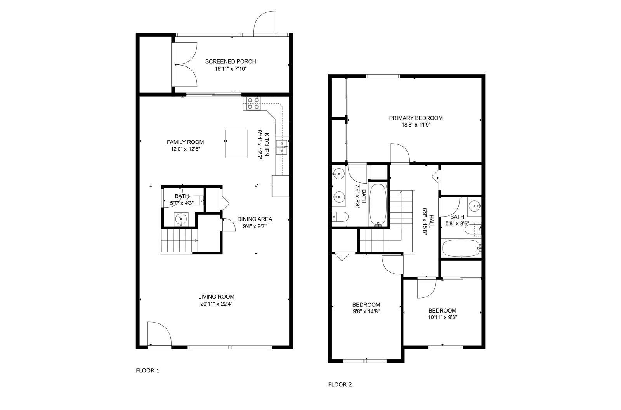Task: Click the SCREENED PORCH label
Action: click(x=231, y=61)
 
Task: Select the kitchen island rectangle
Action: click(x=236, y=144)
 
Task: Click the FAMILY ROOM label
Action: click(x=185, y=142)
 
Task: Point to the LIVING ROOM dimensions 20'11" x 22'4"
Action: click(x=216, y=304)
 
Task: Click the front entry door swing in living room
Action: click(x=159, y=334)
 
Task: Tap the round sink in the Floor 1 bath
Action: click(x=181, y=219)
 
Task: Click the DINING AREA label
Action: click(x=255, y=219)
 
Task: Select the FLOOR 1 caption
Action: click(x=147, y=371)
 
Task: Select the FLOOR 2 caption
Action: click(x=340, y=384)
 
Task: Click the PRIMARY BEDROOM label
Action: click(x=416, y=118)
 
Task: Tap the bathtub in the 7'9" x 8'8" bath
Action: click(x=377, y=205)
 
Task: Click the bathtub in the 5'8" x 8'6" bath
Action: click(x=461, y=248)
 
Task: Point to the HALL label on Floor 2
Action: click(x=431, y=221)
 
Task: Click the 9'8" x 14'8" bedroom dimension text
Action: click(x=366, y=311)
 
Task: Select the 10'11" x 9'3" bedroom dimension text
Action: click(x=442, y=317)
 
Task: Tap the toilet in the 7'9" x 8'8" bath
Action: click(x=340, y=217)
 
